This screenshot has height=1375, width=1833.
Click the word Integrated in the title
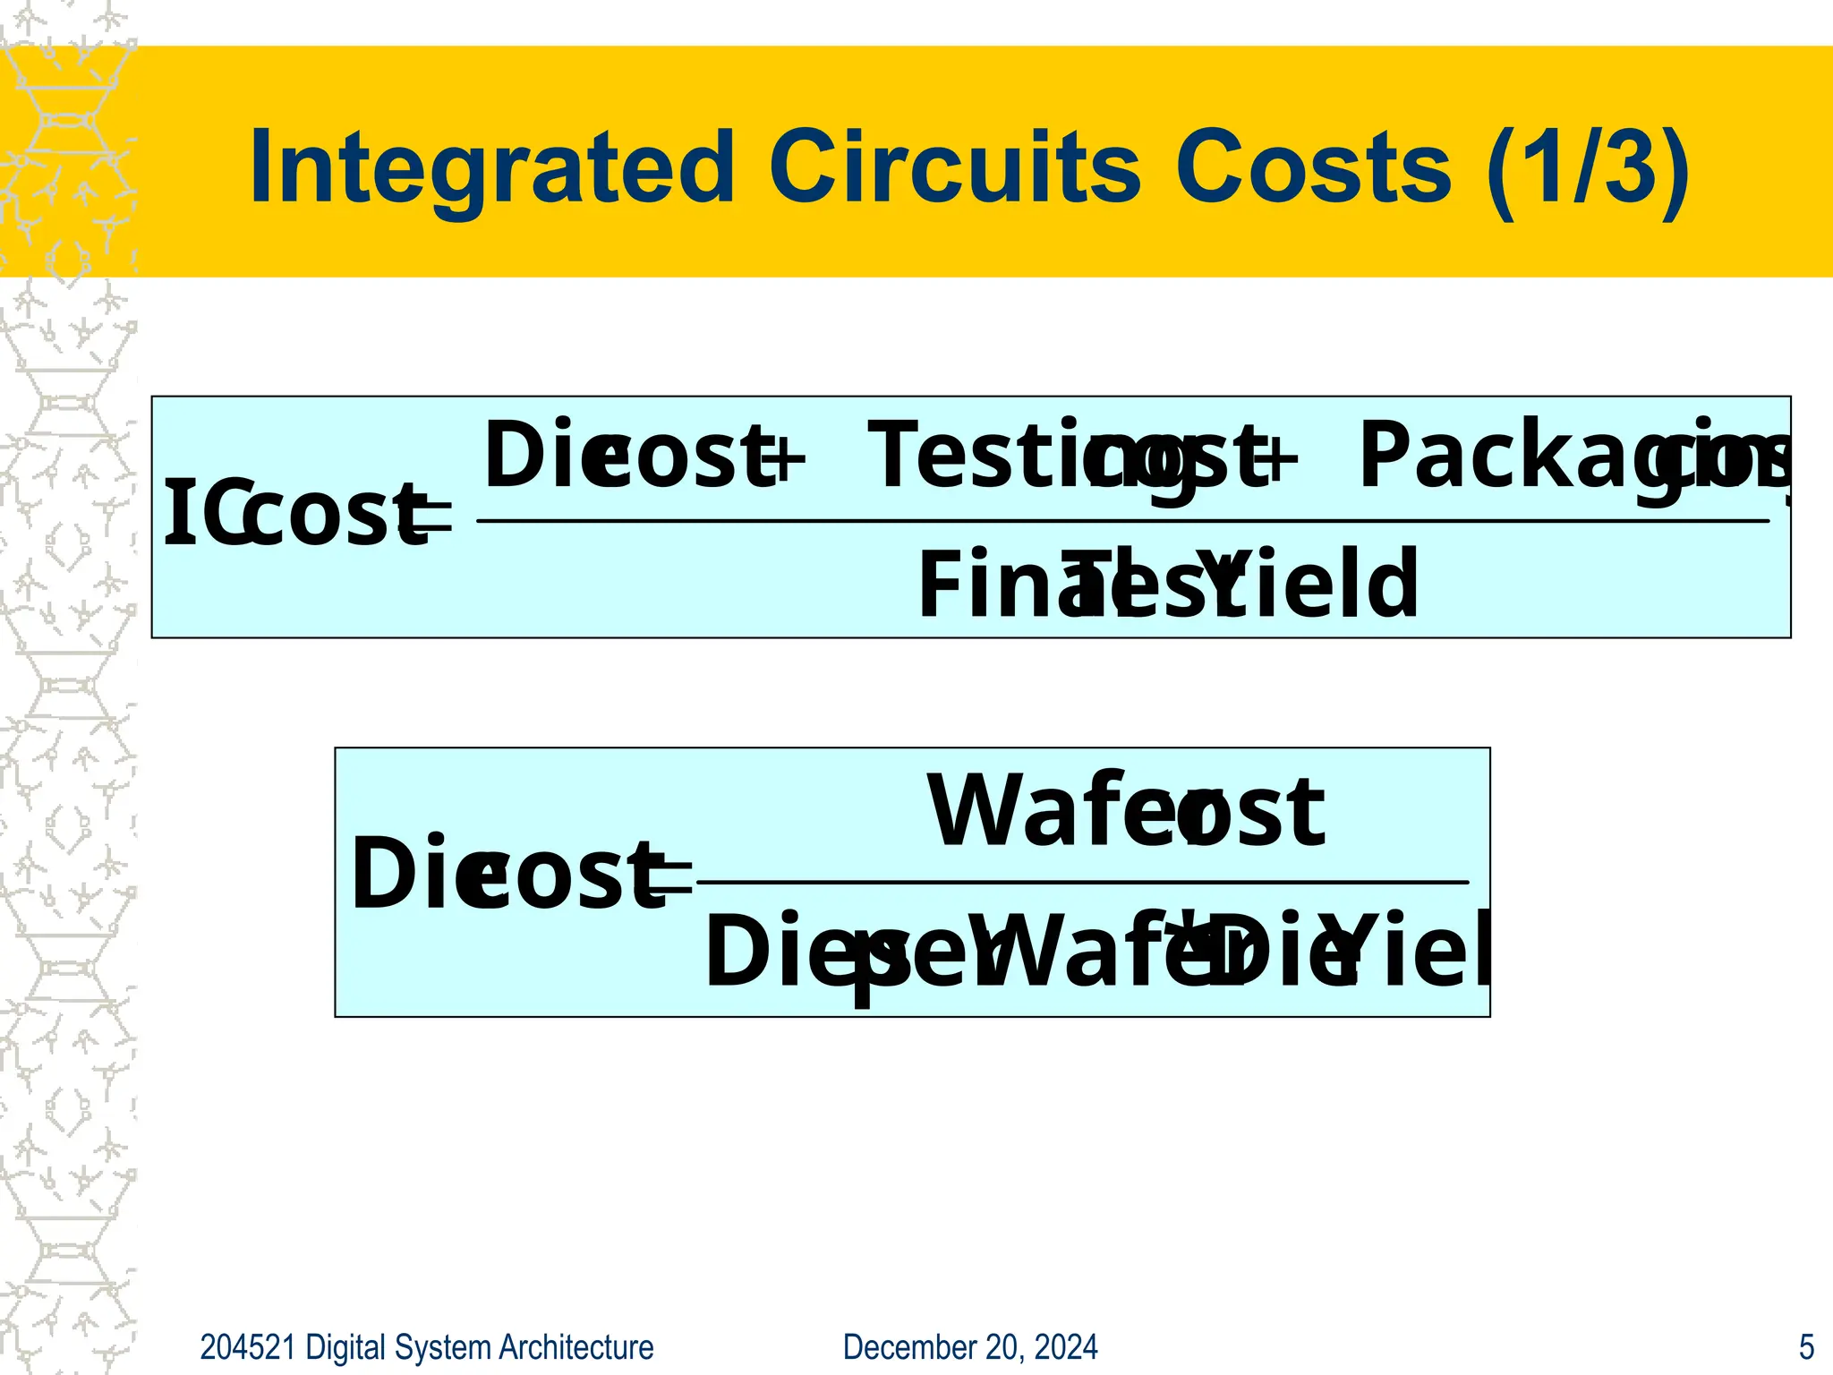pyautogui.click(x=491, y=168)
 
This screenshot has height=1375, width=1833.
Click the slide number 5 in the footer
pyautogui.click(x=1806, y=1347)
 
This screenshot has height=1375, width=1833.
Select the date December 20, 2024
pyautogui.click(x=970, y=1347)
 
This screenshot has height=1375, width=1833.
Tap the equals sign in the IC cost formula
pyautogui.click(x=431, y=519)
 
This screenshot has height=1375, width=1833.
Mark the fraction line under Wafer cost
pyautogui.click(x=1083, y=883)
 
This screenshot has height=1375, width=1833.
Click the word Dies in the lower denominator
pyautogui.click(x=788, y=952)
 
